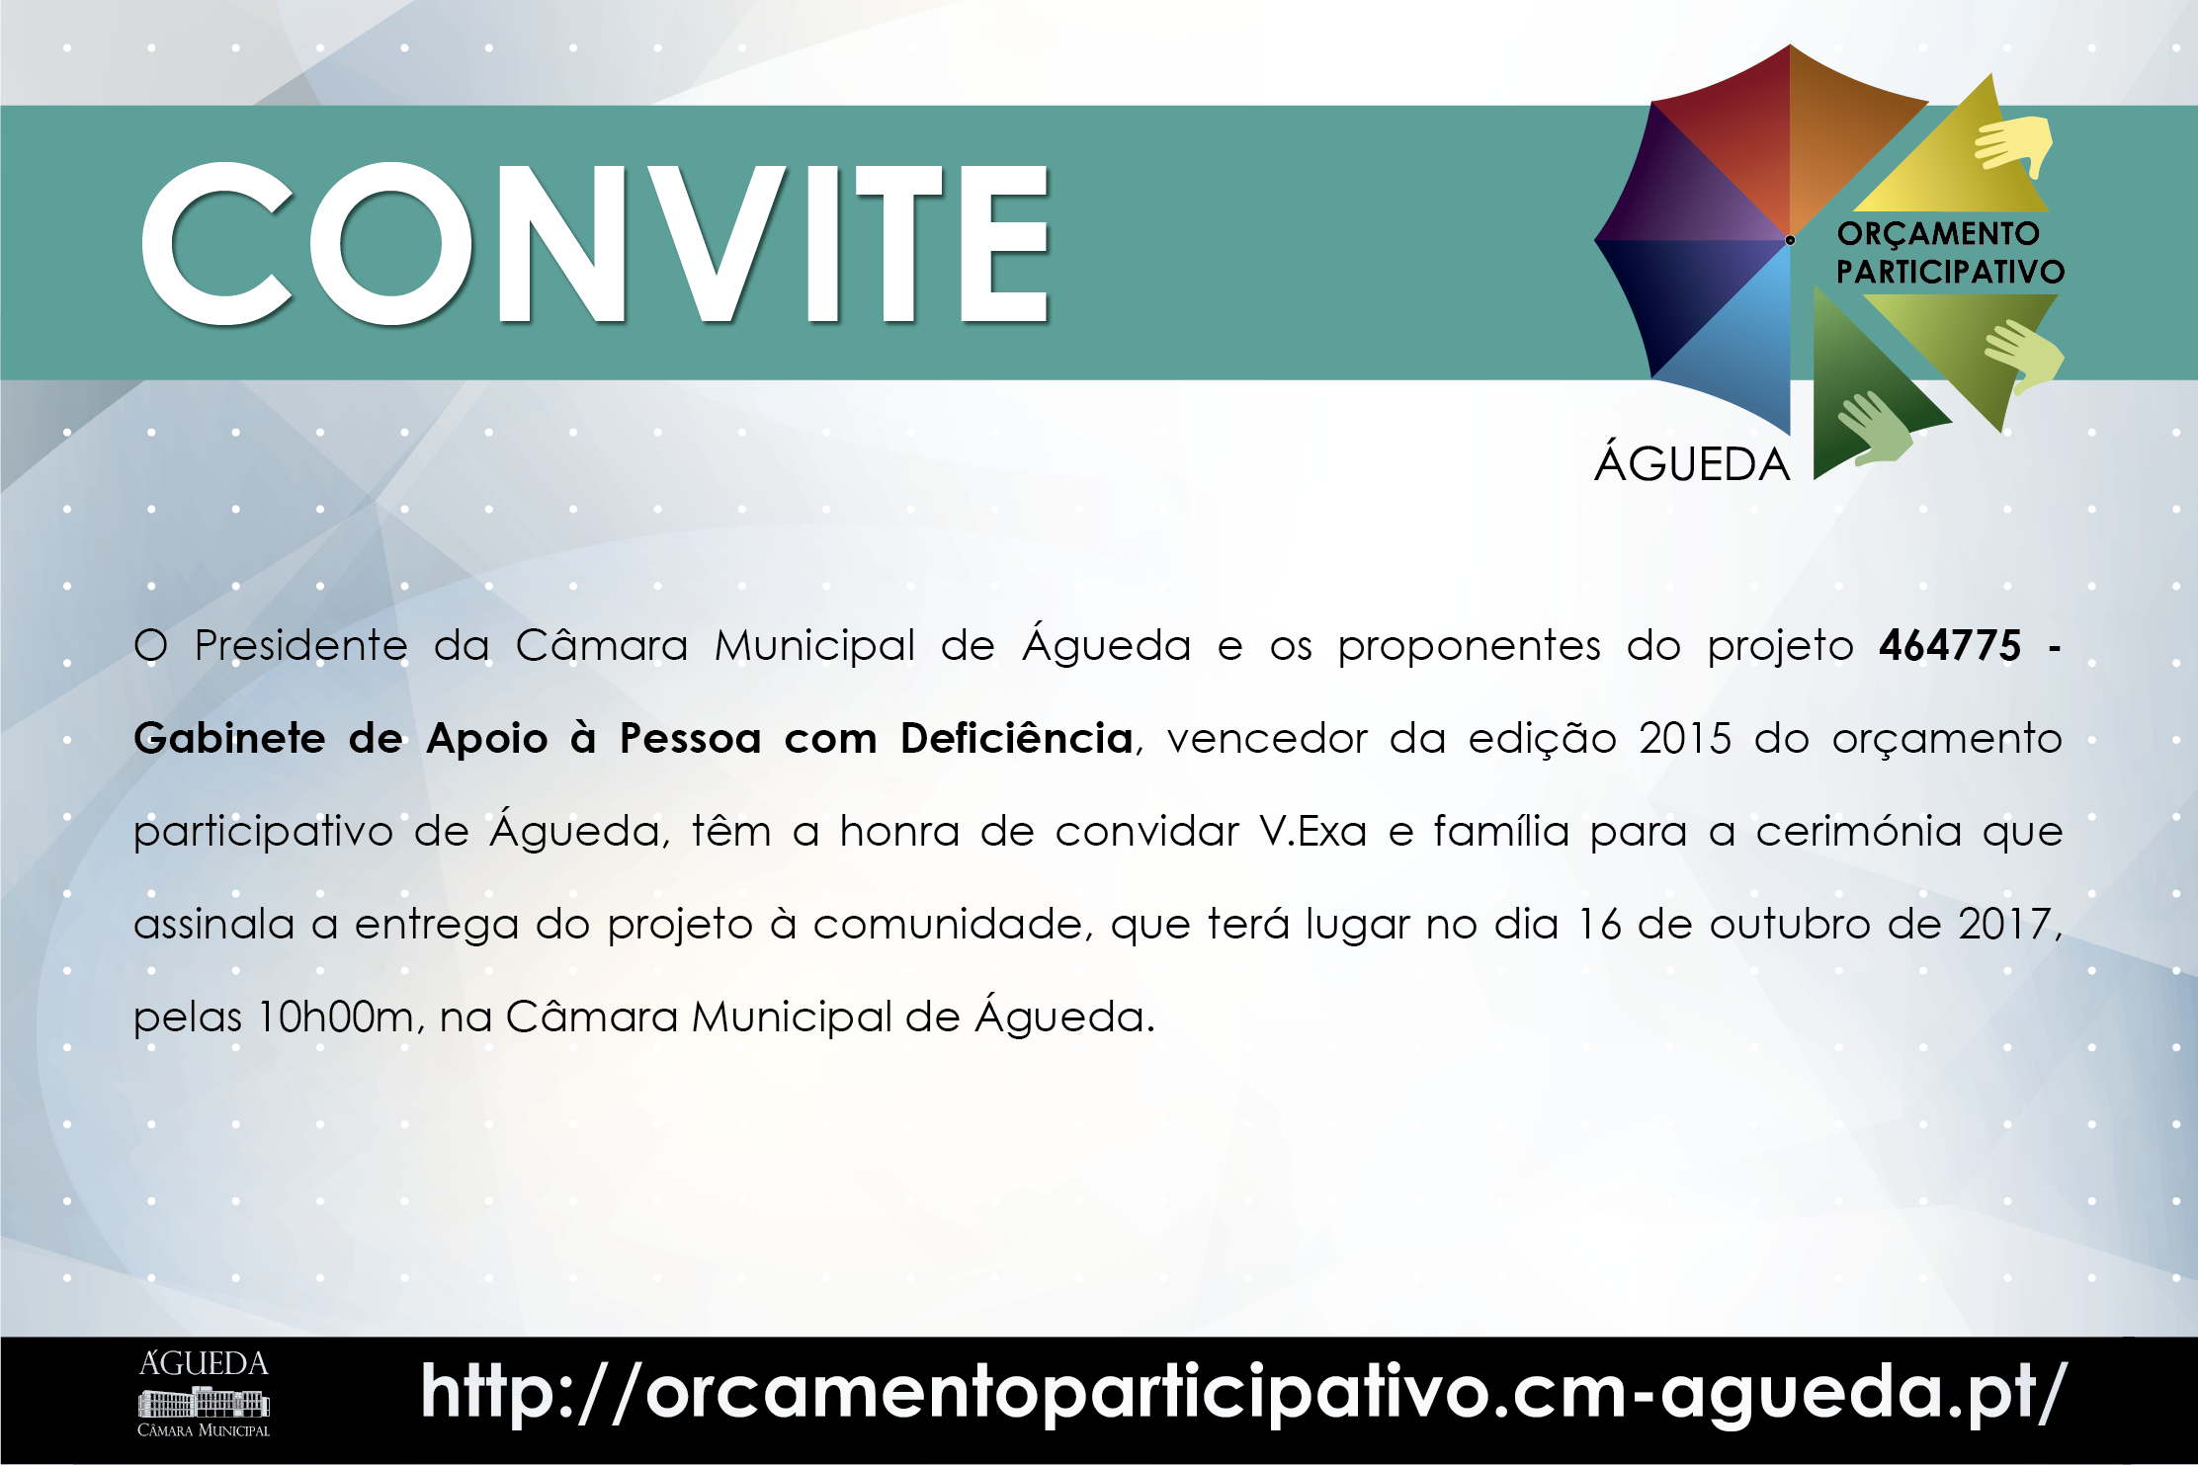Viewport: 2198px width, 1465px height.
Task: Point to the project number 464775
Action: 1949,646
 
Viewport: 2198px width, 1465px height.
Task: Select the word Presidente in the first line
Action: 300,646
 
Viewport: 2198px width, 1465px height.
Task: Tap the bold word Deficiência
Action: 1016,739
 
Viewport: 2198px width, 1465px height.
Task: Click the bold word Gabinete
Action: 229,739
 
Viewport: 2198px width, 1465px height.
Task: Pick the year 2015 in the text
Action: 1684,739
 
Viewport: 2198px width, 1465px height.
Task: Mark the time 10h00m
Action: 335,1017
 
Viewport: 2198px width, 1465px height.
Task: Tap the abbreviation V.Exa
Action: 1312,832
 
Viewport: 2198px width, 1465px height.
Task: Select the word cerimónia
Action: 1858,832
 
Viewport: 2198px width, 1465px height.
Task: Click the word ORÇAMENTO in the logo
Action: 1938,234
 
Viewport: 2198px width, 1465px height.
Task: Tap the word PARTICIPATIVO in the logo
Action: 1950,272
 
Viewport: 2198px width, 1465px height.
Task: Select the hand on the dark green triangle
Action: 1873,428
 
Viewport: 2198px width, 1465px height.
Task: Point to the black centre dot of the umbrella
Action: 1790,240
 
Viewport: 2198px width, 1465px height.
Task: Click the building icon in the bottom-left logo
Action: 204,1402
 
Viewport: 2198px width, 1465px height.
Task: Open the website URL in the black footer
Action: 1242,1394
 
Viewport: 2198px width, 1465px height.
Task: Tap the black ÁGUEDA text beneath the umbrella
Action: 1692,464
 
